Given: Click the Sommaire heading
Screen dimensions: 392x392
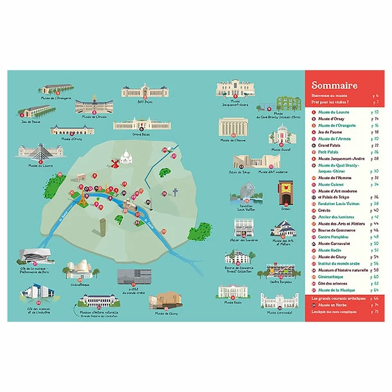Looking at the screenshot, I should (335, 85).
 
